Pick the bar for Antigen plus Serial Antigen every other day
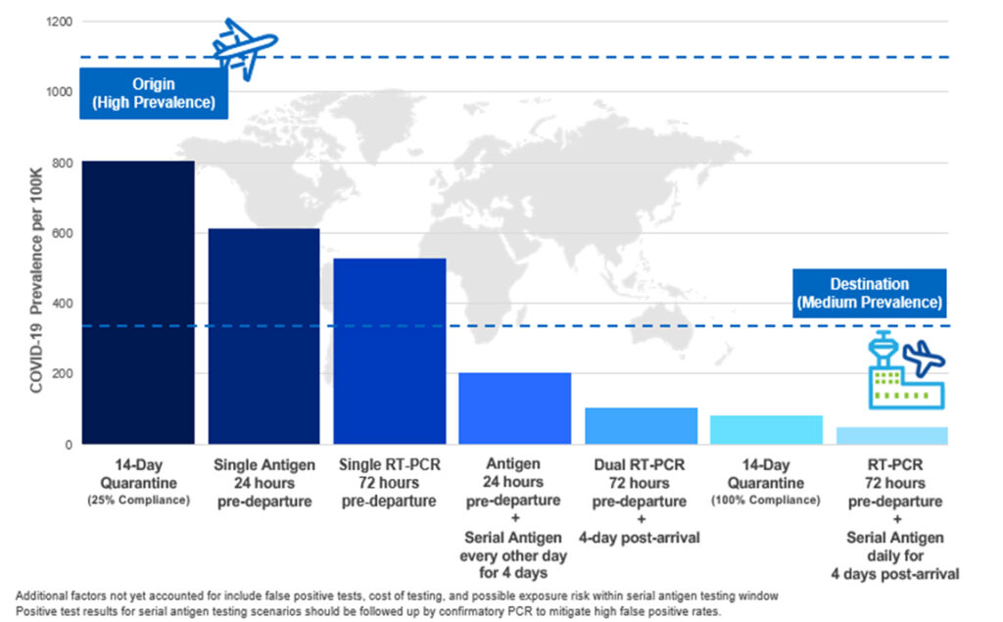515,408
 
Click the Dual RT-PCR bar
641,426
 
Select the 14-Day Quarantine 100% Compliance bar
766,430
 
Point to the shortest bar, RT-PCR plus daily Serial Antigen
891,436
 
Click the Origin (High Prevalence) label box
153,94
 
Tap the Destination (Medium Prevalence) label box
869,293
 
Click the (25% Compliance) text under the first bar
138,501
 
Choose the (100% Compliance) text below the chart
767,501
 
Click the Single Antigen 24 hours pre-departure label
264,483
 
